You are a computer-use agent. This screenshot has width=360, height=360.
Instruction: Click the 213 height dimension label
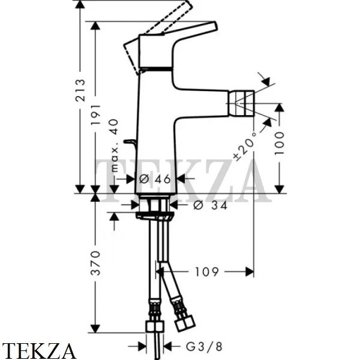point(80,90)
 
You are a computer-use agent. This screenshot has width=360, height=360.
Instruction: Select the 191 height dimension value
point(96,115)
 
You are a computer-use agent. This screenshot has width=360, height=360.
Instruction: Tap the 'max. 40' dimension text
point(114,145)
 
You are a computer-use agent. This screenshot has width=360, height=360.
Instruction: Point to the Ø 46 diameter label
point(155,179)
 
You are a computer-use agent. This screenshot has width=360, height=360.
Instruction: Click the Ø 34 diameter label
point(210,205)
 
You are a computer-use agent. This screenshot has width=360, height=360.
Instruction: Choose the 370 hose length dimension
point(96,263)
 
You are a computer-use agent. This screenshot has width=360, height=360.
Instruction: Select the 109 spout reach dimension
point(206,272)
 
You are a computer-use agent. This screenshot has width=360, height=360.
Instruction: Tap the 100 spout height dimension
point(280,143)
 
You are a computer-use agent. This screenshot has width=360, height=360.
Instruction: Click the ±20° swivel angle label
point(245,146)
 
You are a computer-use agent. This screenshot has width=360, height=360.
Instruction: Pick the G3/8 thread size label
point(204,347)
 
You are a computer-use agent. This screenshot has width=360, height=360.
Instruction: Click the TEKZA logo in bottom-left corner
point(38,351)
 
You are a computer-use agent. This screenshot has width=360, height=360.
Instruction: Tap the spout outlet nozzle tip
point(241,103)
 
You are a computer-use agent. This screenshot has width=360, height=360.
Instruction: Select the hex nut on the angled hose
point(185,324)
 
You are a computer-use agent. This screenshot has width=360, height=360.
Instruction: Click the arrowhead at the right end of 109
point(250,272)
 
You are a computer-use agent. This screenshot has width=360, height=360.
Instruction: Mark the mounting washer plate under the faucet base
point(155,215)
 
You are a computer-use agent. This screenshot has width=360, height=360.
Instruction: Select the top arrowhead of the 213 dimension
point(80,5)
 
